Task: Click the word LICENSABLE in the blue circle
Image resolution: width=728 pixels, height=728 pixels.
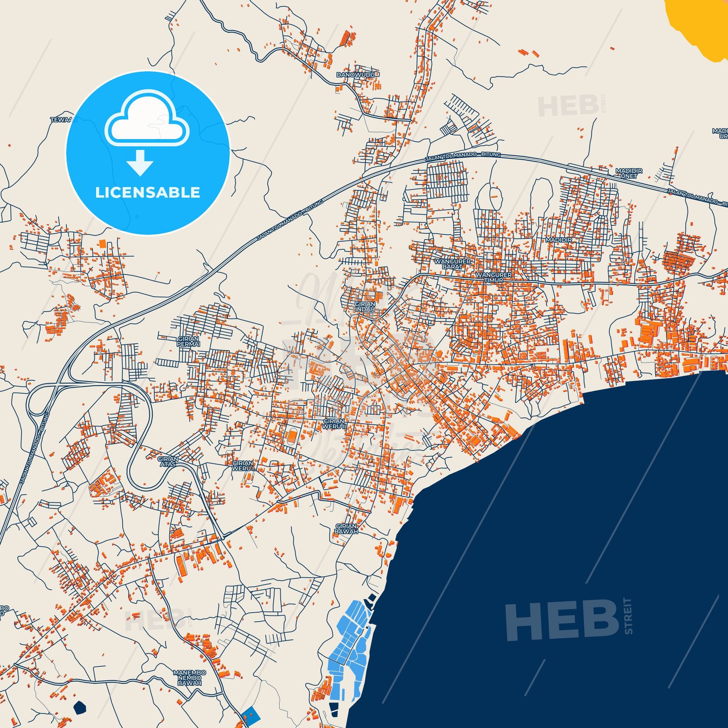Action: coord(147,193)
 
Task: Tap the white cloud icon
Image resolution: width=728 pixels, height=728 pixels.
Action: coord(147,119)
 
